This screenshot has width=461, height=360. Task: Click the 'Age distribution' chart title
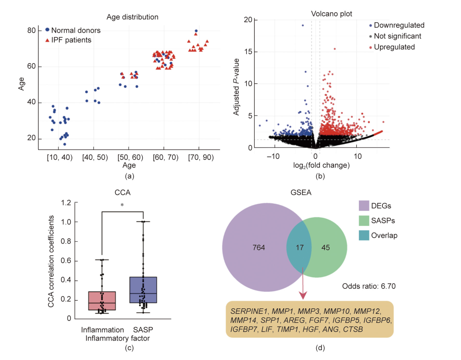click(132, 17)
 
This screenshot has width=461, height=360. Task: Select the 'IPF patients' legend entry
click(71, 40)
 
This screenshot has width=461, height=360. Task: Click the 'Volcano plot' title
click(332, 14)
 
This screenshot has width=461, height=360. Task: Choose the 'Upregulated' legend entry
click(394, 47)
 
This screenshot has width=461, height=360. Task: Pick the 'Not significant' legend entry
click(397, 36)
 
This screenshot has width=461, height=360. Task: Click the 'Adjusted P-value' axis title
click(236, 87)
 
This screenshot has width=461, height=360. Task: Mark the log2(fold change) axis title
click(321, 165)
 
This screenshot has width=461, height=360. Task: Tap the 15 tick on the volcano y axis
click(248, 52)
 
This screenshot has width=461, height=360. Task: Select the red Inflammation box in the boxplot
click(102, 301)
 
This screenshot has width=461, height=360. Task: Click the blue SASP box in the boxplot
click(143, 290)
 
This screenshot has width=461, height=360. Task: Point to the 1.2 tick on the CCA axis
click(66, 203)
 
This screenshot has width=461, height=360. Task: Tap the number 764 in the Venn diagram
click(259, 248)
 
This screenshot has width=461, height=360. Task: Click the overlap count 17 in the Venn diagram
click(300, 248)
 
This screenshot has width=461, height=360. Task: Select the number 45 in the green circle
click(326, 248)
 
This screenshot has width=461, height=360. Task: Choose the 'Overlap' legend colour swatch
click(364, 235)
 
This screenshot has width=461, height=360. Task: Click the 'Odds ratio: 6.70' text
click(369, 286)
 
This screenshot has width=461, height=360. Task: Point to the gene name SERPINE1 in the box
click(249, 311)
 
